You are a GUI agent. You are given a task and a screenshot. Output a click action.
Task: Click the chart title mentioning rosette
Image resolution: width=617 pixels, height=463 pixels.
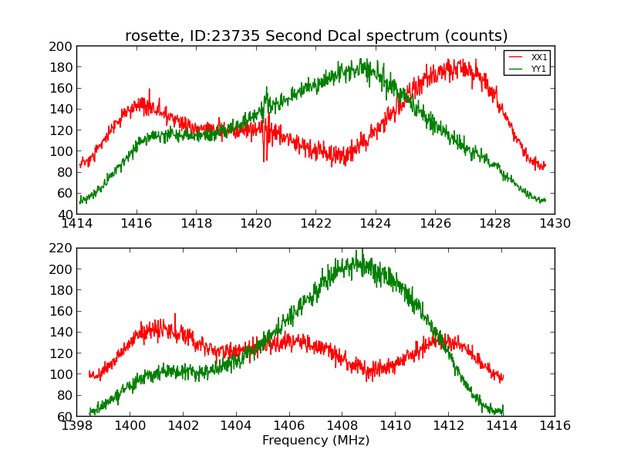(x=316, y=36)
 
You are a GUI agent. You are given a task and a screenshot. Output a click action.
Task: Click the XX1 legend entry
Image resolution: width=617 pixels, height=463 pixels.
(x=538, y=57)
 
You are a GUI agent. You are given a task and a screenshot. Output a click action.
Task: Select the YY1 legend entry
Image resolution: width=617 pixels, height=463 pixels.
(x=538, y=69)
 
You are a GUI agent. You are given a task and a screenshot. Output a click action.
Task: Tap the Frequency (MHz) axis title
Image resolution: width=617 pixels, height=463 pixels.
(x=315, y=441)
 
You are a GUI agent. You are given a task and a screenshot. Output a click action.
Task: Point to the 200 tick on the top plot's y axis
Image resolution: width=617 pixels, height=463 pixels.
(x=63, y=46)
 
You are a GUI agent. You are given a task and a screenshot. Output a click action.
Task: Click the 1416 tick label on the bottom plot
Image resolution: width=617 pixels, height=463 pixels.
(x=555, y=426)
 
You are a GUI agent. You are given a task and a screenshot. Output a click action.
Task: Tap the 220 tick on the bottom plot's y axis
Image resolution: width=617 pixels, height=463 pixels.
(x=63, y=248)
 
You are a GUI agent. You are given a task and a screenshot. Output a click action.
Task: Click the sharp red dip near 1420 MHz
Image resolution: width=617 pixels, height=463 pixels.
(x=265, y=158)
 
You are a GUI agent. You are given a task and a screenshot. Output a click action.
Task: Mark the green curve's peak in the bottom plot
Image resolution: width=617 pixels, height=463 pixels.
(x=359, y=251)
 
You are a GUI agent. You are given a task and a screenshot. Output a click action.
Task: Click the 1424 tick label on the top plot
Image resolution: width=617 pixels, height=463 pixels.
(x=376, y=224)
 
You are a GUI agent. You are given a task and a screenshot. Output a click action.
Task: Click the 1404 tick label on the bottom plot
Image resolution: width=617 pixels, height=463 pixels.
(x=236, y=426)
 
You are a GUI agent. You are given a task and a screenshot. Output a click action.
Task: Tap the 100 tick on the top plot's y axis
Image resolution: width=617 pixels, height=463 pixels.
(x=63, y=151)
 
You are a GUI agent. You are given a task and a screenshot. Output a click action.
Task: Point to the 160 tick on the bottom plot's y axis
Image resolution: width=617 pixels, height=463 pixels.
(x=63, y=311)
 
